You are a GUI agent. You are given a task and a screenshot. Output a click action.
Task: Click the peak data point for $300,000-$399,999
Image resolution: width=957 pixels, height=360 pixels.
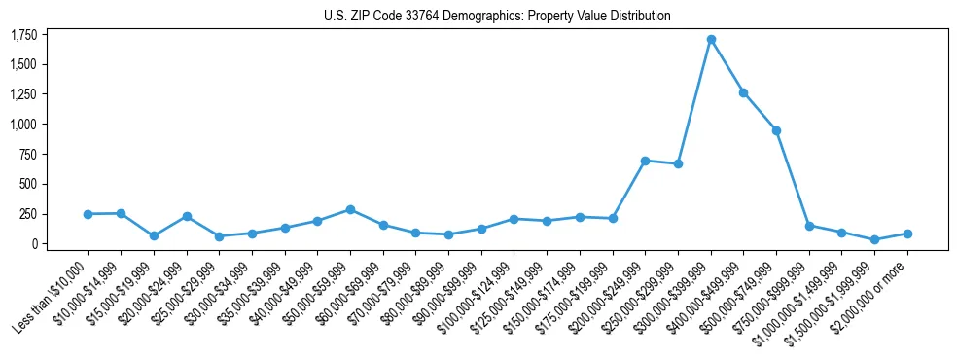(x=711, y=40)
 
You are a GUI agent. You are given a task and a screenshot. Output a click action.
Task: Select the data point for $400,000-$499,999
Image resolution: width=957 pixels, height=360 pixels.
(x=744, y=92)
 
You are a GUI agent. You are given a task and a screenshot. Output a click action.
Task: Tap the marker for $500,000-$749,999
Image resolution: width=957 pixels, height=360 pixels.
(x=776, y=130)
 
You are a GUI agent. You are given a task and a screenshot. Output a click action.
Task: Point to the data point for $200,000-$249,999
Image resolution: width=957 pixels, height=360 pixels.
(x=645, y=161)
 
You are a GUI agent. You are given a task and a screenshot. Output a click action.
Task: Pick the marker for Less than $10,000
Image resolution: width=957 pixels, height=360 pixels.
(x=88, y=214)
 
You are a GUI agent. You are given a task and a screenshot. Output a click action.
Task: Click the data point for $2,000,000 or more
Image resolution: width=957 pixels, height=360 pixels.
(x=907, y=234)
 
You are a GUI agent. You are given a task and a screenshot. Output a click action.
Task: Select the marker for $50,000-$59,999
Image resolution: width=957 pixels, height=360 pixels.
(x=350, y=209)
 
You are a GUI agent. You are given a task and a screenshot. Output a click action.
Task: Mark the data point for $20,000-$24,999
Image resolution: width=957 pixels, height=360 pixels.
(x=187, y=216)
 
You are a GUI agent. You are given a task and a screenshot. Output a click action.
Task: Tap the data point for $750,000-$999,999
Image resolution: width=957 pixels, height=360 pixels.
(x=809, y=226)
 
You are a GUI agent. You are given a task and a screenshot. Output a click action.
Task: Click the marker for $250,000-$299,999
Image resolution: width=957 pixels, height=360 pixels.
(x=678, y=163)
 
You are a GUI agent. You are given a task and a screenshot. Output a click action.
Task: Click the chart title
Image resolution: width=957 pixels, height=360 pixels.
(x=497, y=16)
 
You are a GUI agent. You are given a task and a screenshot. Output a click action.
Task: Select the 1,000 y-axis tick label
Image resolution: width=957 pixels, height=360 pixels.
(x=23, y=125)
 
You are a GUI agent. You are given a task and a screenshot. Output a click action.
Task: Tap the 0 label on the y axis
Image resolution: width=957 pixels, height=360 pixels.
(x=33, y=244)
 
